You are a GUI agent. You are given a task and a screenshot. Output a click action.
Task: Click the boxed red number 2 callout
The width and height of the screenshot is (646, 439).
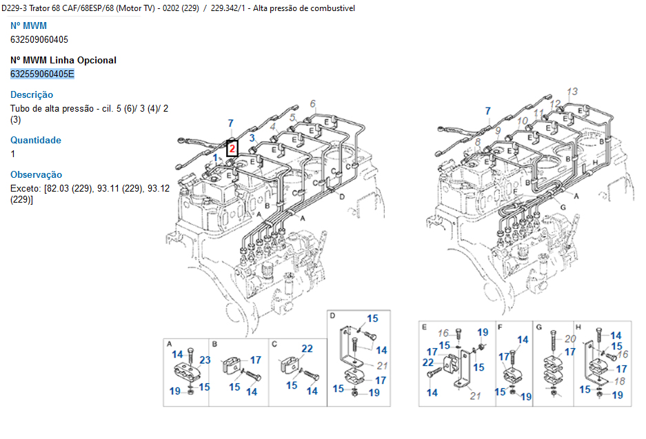click(232, 149)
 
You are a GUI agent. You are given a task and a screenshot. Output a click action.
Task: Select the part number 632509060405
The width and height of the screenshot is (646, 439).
click(39, 39)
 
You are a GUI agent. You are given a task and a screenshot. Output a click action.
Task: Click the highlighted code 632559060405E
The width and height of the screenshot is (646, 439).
click(42, 74)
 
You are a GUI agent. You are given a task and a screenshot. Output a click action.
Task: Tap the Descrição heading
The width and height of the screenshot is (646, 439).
click(32, 94)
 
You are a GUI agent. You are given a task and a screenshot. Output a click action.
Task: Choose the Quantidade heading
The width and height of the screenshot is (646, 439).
click(36, 140)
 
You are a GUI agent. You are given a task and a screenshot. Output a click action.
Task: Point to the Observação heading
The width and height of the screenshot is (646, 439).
click(37, 174)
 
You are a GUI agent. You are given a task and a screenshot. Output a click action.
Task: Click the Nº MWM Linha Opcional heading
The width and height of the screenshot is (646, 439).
click(63, 60)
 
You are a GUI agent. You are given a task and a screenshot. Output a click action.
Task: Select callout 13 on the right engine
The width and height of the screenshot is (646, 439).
click(572, 92)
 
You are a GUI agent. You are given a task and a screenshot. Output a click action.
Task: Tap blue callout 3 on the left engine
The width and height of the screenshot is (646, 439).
click(252, 138)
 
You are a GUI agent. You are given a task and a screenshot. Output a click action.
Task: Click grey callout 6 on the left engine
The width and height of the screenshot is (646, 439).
click(313, 103)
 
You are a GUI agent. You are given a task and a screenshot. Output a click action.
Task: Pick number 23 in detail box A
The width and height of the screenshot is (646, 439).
click(205, 360)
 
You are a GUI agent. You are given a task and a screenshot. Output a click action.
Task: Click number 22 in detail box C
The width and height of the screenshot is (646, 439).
click(307, 349)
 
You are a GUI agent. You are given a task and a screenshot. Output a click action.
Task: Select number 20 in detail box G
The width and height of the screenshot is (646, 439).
click(570, 338)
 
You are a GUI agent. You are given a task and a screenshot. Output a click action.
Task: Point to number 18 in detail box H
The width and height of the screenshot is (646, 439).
click(620, 381)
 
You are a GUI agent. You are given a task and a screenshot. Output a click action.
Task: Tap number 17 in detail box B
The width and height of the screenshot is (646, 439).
click(255, 360)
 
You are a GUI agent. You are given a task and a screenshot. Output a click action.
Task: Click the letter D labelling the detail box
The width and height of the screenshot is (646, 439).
click(332, 316)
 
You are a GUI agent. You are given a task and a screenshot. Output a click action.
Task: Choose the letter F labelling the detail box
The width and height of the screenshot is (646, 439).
click(500, 327)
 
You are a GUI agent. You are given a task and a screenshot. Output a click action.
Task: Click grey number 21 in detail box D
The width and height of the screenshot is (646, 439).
click(383, 366)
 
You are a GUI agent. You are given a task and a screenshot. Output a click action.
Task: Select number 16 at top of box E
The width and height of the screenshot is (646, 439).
click(443, 333)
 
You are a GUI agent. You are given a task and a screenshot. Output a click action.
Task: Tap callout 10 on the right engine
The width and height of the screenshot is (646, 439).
click(523, 121)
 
